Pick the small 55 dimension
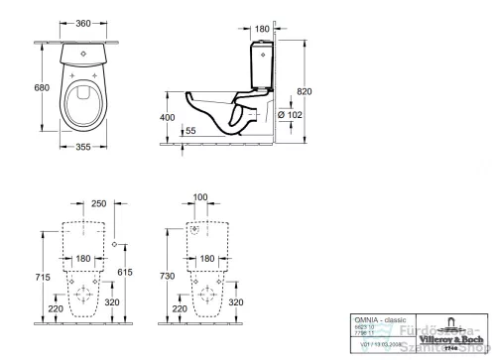tap(190, 131)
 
